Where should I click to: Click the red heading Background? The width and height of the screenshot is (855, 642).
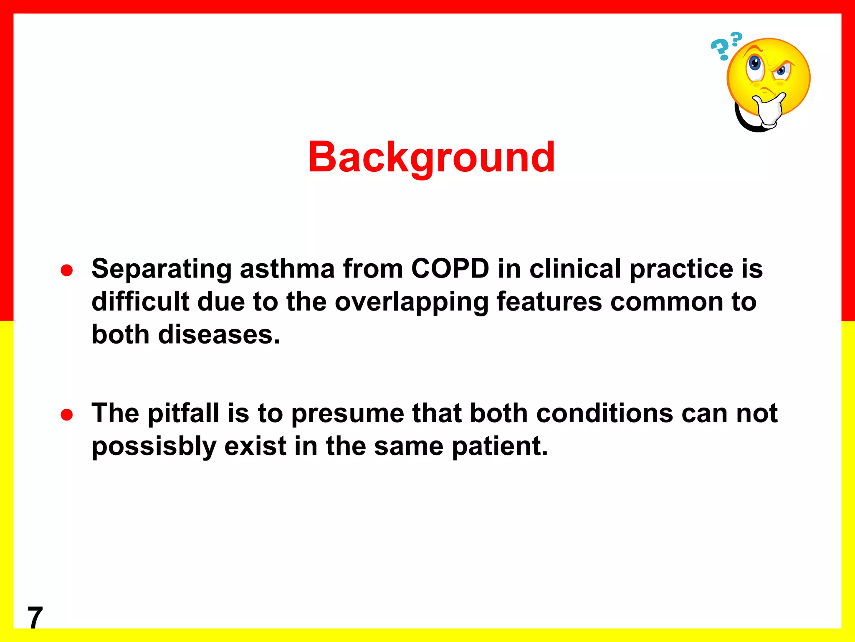pyautogui.click(x=431, y=157)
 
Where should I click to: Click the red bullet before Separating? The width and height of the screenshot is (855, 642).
pyautogui.click(x=67, y=270)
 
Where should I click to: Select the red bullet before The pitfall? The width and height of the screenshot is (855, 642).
pyautogui.click(x=67, y=415)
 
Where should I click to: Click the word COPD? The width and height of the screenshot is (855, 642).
pyautogui.click(x=450, y=268)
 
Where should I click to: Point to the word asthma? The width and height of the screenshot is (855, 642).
pyautogui.click(x=287, y=268)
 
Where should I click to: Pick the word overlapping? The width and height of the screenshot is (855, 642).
pyautogui.click(x=411, y=303)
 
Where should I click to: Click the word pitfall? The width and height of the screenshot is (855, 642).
pyautogui.click(x=184, y=414)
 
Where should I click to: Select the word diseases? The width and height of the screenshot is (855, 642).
pyautogui.click(x=219, y=335)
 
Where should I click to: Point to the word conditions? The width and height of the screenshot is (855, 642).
pyautogui.click(x=605, y=414)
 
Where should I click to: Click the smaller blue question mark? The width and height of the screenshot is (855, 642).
pyautogui.click(x=736, y=38)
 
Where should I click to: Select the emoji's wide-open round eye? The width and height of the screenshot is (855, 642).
pyautogui.click(x=755, y=64)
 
